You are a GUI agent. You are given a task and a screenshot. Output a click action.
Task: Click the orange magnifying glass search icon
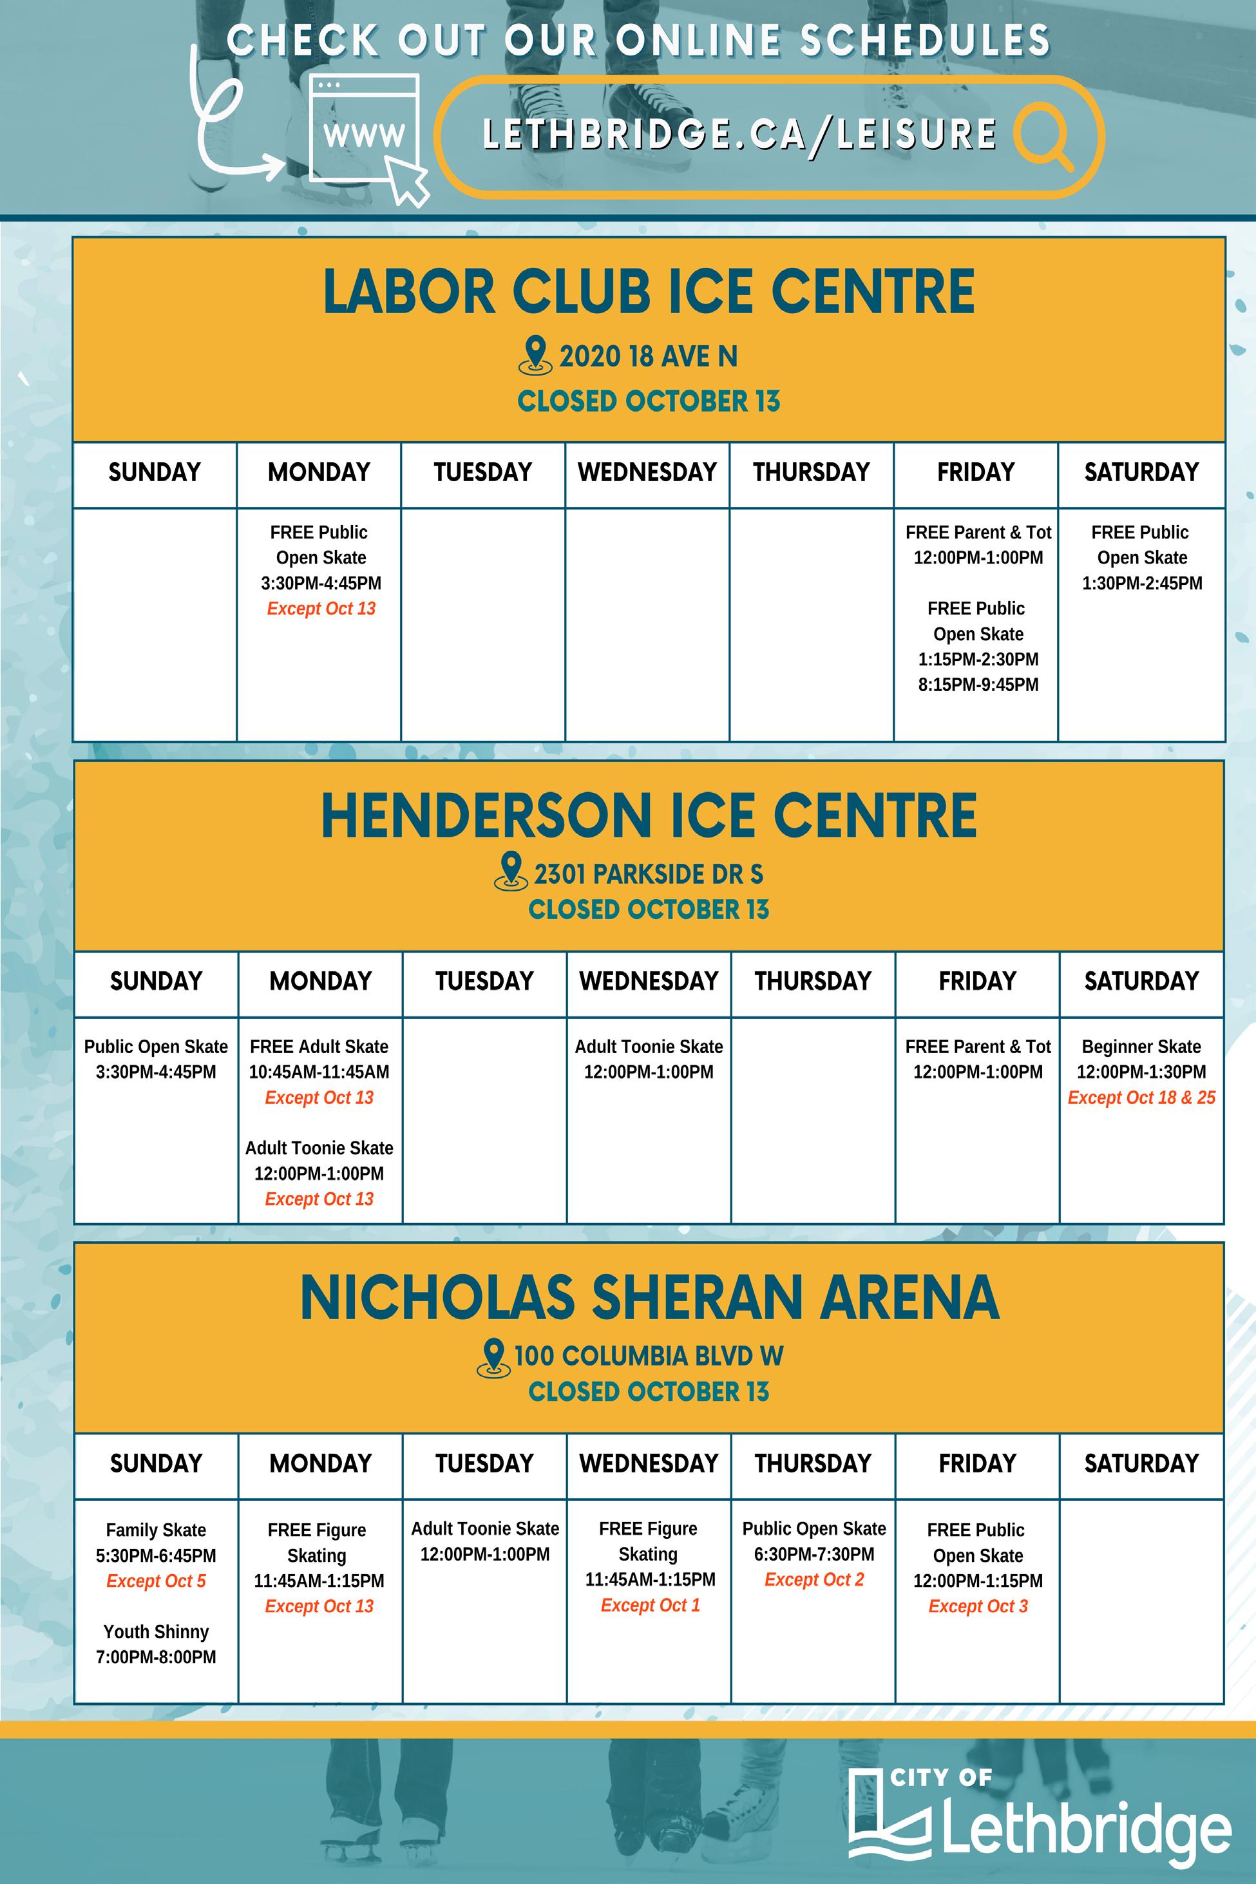pyautogui.click(x=1043, y=135)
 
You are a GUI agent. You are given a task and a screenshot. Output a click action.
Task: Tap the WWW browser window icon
pyautogui.click(x=365, y=128)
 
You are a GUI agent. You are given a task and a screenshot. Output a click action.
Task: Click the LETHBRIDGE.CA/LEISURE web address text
pyautogui.click(x=739, y=135)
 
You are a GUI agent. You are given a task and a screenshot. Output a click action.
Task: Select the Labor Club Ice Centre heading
pyautogui.click(x=649, y=292)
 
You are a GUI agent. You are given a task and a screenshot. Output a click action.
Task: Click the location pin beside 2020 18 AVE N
pyautogui.click(x=535, y=355)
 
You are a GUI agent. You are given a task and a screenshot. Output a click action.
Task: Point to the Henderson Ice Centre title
pyautogui.click(x=649, y=815)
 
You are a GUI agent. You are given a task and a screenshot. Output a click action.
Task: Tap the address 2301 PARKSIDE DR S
pyautogui.click(x=648, y=874)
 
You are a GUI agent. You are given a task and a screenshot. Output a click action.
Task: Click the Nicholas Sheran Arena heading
pyautogui.click(x=649, y=1298)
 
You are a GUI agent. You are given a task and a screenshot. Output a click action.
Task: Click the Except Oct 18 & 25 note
pyautogui.click(x=1141, y=1098)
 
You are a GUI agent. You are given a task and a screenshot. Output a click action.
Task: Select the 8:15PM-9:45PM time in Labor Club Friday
pyautogui.click(x=978, y=685)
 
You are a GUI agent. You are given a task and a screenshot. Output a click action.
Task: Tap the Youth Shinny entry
pyautogui.click(x=157, y=1632)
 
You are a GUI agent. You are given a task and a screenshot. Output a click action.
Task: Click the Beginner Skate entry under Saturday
pyautogui.click(x=1141, y=1047)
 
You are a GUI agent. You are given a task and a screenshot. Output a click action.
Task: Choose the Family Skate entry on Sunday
pyautogui.click(x=157, y=1530)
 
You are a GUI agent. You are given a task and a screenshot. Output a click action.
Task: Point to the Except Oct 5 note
pyautogui.click(x=157, y=1581)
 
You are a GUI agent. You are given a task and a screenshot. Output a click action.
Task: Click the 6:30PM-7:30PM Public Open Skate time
pyautogui.click(x=814, y=1554)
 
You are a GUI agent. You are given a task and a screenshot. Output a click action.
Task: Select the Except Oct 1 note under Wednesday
pyautogui.click(x=650, y=1605)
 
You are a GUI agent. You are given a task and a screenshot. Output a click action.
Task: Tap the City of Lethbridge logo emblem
pyautogui.click(x=889, y=1814)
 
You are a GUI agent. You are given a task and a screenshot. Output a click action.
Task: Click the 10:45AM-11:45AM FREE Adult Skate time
pyautogui.click(x=319, y=1072)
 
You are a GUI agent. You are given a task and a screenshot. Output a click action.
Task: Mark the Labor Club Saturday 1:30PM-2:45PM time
pyautogui.click(x=1141, y=583)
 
